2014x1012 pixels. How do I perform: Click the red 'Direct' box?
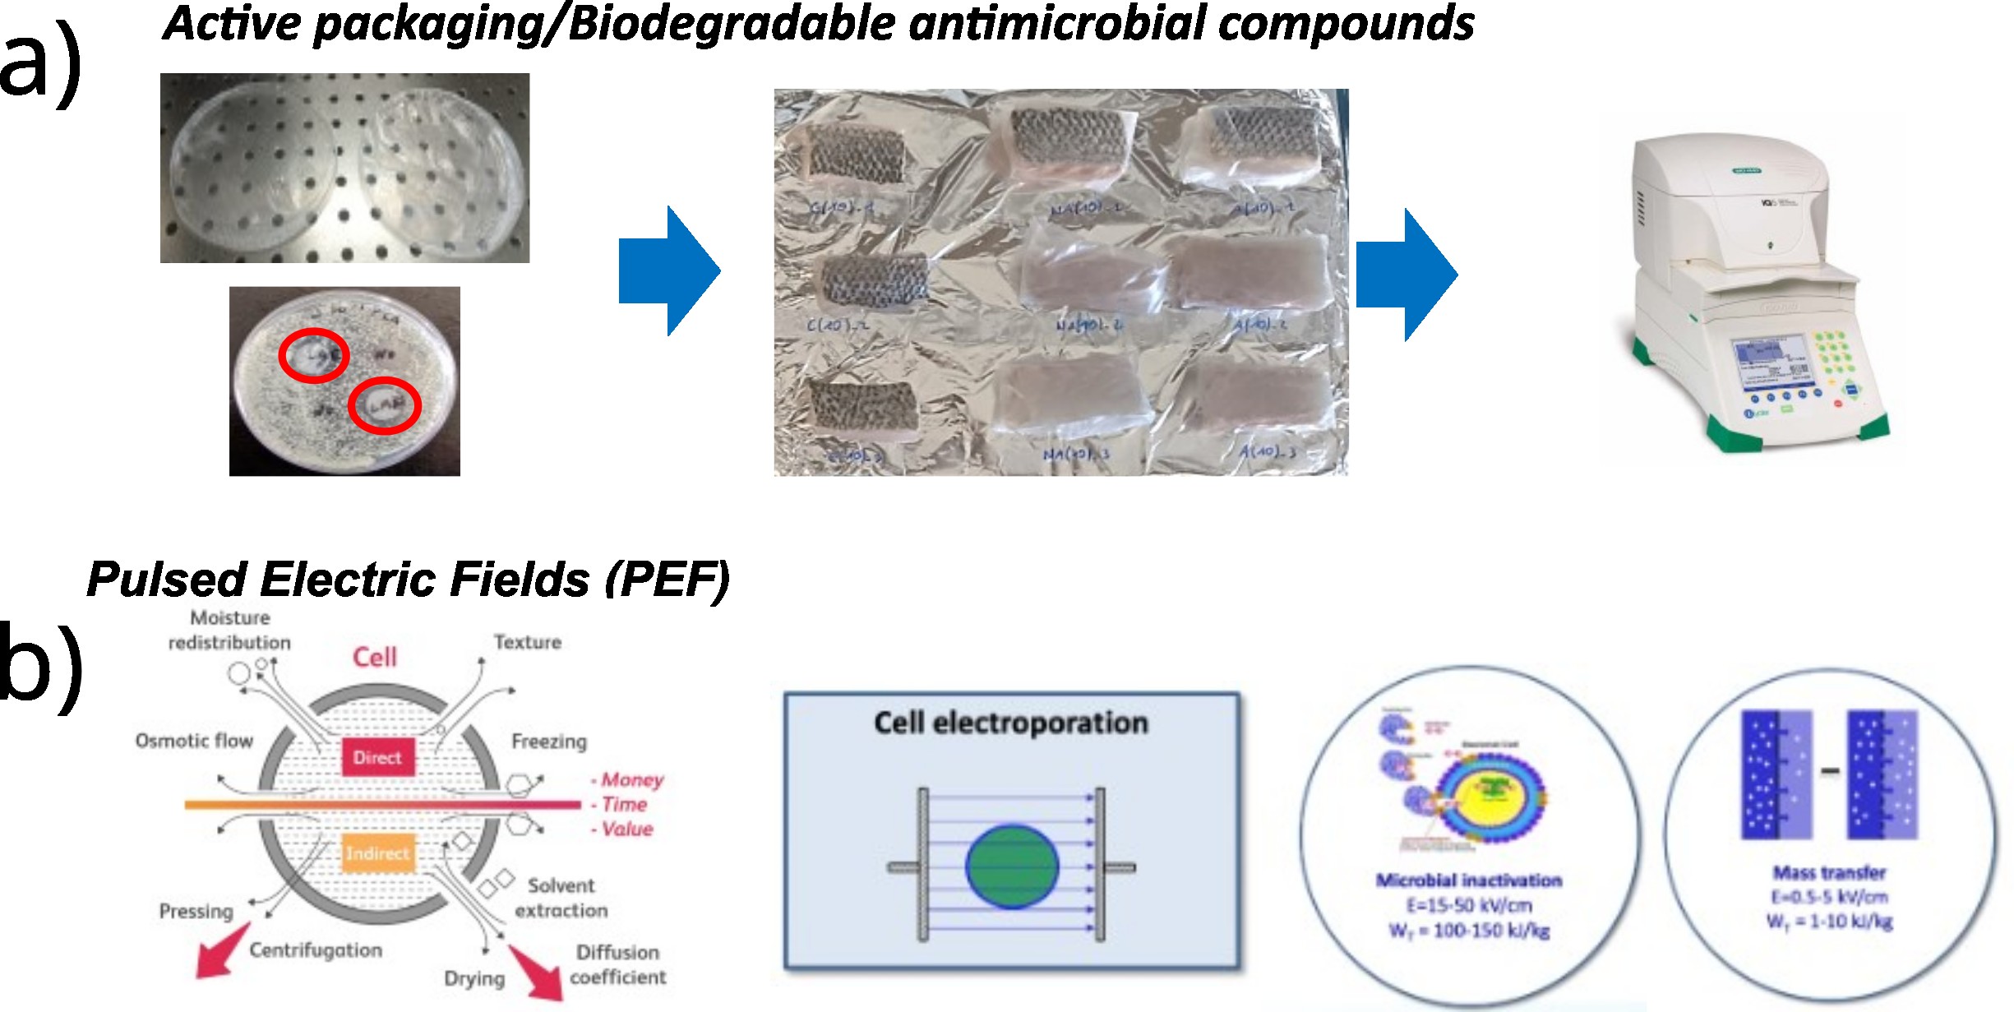377,757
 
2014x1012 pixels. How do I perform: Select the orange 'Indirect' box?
377,853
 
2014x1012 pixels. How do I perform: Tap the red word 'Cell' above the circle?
375,657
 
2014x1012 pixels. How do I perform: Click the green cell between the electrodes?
1012,866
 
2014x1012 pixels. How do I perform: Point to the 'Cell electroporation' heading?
1010,723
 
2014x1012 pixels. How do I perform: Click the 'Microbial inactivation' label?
1469,880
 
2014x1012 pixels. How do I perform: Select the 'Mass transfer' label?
1829,872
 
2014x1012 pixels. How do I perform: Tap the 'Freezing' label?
549,742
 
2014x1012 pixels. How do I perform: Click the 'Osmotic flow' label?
194,741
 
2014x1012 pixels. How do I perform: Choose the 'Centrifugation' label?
316,950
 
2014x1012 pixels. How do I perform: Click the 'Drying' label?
474,978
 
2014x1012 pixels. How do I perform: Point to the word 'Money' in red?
631,779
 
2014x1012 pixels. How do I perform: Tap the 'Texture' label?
528,642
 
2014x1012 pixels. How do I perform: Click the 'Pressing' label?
196,911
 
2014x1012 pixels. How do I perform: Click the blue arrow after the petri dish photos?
669,271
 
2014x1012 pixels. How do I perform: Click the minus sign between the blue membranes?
1830,770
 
